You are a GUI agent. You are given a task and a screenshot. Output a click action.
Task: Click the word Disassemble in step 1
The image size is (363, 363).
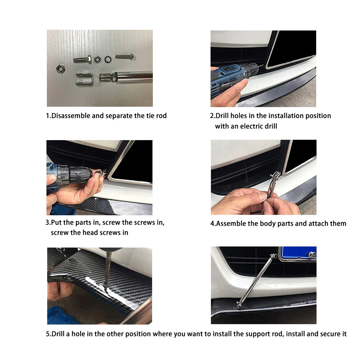click(x=71, y=116)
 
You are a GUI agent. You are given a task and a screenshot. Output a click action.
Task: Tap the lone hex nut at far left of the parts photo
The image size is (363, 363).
click(x=61, y=69)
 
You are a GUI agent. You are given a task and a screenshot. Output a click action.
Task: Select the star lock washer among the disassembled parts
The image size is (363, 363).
click(x=108, y=59)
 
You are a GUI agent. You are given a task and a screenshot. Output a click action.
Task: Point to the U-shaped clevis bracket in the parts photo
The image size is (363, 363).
click(x=84, y=79)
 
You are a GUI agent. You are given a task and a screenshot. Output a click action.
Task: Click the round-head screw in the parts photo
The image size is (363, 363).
click(x=125, y=56)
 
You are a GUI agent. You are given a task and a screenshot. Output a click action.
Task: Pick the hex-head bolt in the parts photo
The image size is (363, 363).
click(x=82, y=60)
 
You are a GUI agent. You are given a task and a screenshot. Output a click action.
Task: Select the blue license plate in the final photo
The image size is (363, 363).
click(x=298, y=253)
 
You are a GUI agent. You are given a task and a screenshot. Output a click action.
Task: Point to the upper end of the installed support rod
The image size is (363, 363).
click(x=273, y=256)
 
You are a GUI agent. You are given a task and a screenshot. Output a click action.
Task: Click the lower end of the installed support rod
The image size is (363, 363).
click(x=239, y=305)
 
